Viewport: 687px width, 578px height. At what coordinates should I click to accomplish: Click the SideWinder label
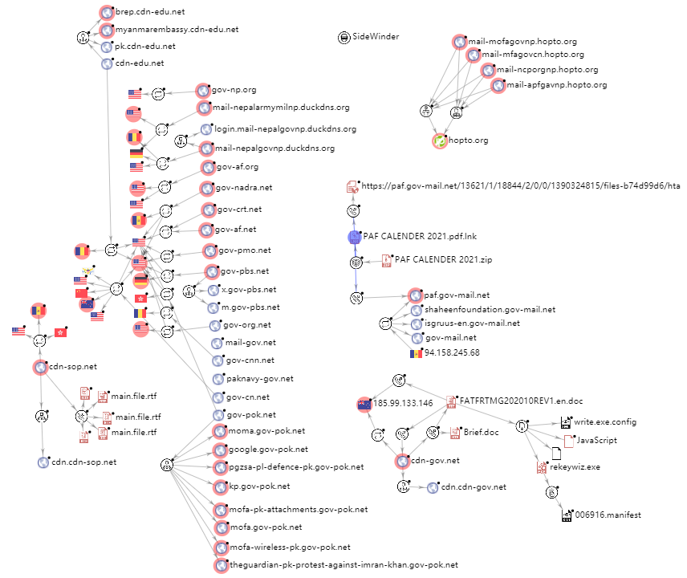coord(376,36)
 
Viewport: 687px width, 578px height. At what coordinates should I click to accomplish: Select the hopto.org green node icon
coord(440,141)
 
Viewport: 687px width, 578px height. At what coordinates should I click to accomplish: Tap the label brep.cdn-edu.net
coord(150,12)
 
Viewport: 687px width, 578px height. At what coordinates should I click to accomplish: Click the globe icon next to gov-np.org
coord(202,91)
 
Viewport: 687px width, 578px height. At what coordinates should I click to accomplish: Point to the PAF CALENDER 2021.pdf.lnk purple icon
coord(355,237)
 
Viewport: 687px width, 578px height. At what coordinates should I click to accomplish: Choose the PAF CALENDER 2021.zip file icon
coord(387,261)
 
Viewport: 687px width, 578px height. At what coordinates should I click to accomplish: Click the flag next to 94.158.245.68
coord(416,354)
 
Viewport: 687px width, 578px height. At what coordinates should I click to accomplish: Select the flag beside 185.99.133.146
coord(364,404)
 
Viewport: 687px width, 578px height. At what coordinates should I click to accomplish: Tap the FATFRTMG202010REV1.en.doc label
coord(521,401)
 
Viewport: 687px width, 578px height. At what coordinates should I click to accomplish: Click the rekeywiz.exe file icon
coord(542,467)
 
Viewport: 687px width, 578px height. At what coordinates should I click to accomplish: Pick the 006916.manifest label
coord(608,515)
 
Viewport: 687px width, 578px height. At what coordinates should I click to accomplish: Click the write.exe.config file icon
coord(566,422)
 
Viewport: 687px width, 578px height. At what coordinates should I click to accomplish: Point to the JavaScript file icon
coord(569,442)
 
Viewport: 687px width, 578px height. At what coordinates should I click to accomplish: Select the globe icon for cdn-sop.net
coord(40,367)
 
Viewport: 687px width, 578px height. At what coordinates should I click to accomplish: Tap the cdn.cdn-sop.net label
coord(83,462)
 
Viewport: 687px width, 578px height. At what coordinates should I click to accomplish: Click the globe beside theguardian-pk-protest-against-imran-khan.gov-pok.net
coord(222,566)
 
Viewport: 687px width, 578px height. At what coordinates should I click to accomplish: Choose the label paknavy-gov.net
coord(260,379)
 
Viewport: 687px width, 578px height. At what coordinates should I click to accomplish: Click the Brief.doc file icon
coord(455,433)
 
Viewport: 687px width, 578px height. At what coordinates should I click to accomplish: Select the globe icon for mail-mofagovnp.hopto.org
coord(459,42)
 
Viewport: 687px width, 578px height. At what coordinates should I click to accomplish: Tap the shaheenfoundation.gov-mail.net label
coord(490,309)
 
